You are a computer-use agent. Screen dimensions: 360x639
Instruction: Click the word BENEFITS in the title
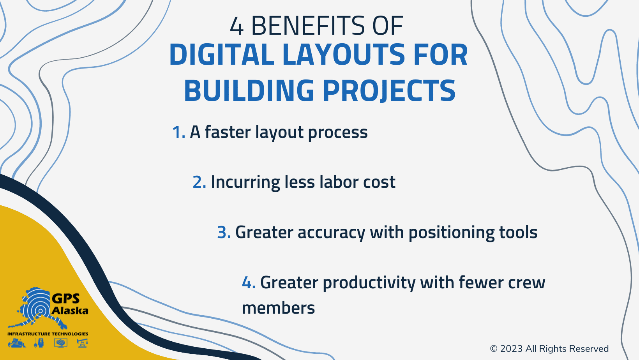308,26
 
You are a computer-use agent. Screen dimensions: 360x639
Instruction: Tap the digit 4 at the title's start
237,26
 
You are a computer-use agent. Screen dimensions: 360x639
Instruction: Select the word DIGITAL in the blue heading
221,55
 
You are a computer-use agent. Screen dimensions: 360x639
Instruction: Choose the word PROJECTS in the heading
389,90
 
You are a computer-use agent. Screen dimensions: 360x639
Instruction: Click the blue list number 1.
178,132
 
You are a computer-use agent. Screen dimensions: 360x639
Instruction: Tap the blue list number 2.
199,182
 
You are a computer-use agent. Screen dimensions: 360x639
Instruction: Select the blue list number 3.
223,233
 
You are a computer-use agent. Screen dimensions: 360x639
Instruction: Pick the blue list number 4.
248,282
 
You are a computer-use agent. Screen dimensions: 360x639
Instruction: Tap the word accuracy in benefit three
331,233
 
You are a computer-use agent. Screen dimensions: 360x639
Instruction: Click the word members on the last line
278,308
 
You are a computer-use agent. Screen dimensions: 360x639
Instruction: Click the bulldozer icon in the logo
17,343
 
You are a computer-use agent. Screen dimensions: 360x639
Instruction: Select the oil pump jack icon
82,343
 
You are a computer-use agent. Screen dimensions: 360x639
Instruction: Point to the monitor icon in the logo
61,343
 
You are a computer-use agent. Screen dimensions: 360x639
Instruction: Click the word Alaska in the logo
70,311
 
